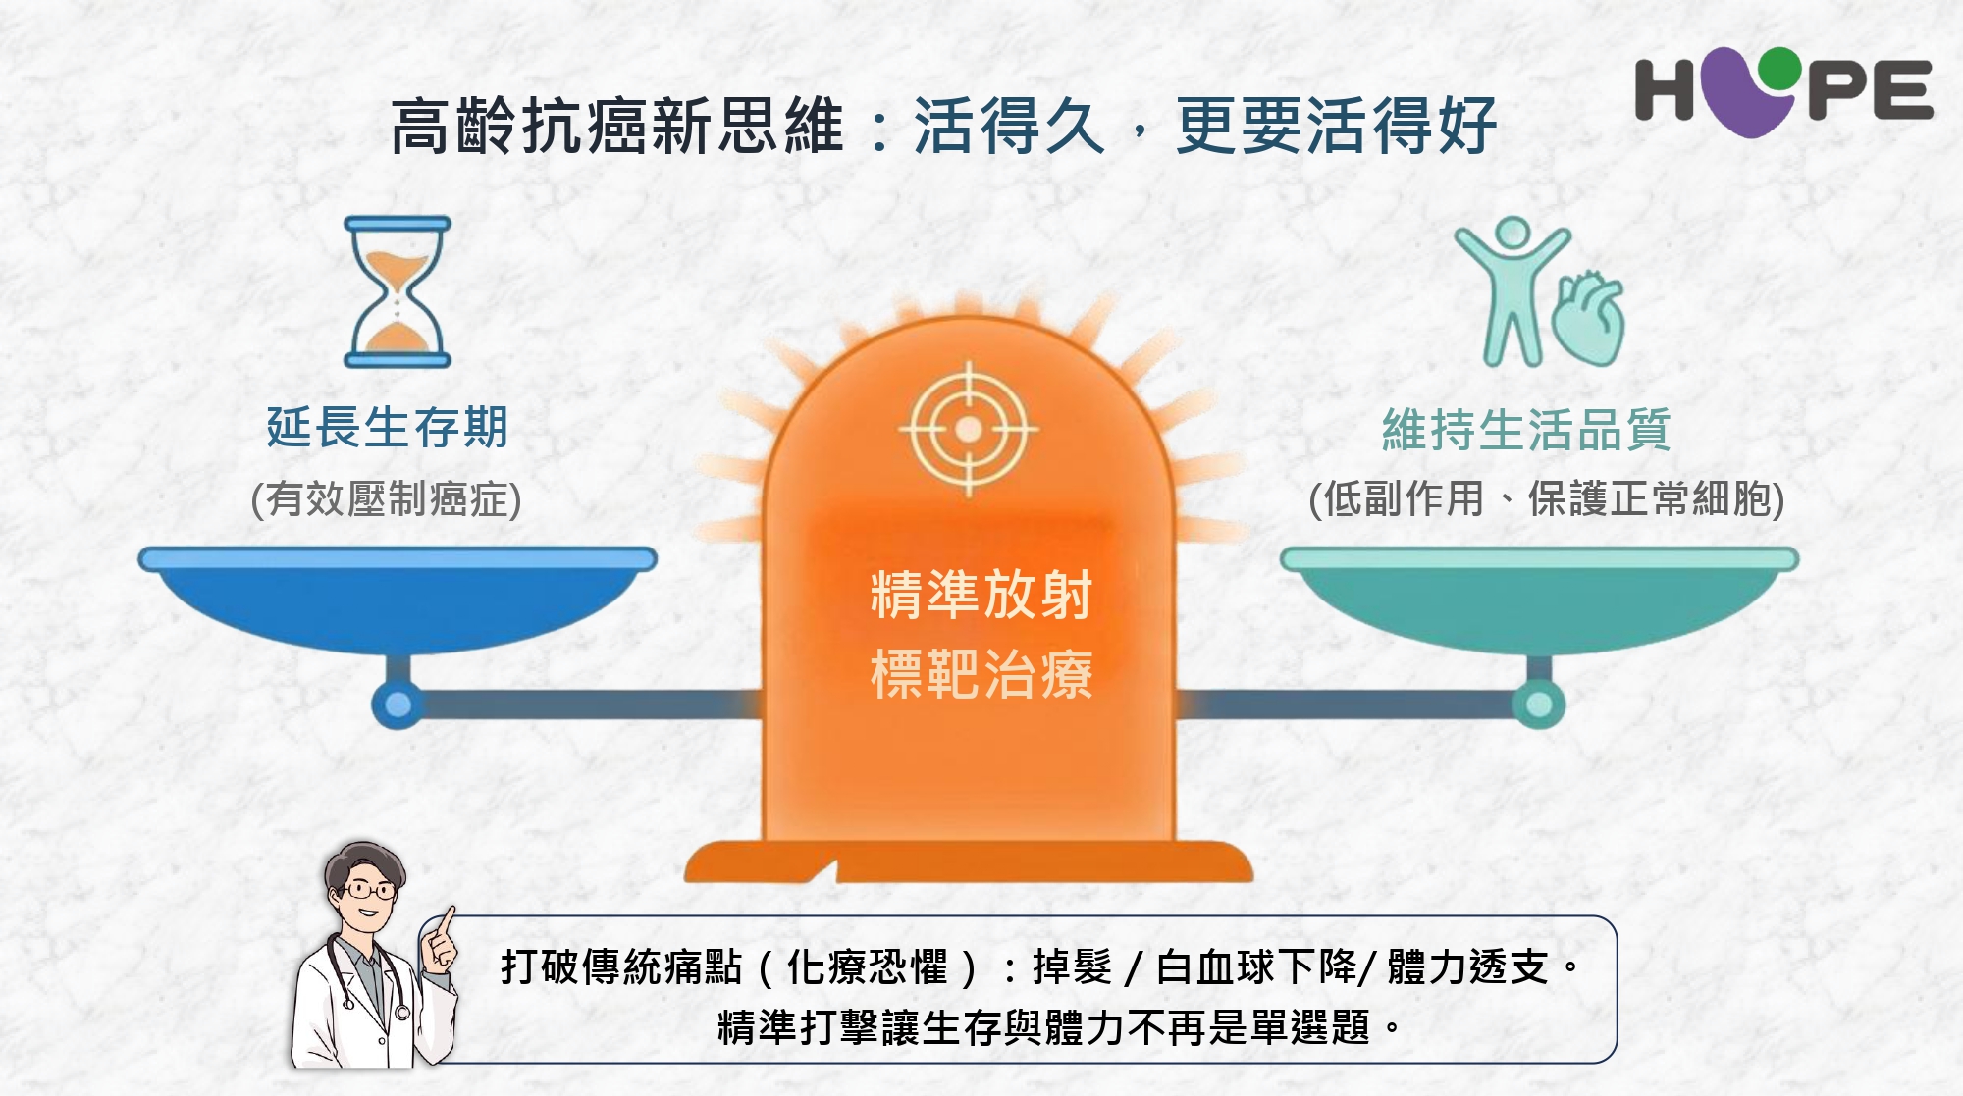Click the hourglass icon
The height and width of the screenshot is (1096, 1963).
click(398, 292)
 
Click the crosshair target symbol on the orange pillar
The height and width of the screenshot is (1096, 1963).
click(969, 429)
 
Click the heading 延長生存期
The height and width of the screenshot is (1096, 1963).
click(388, 428)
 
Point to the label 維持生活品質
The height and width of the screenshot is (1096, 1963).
click(1526, 430)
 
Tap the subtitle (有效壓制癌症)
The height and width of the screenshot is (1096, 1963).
click(386, 498)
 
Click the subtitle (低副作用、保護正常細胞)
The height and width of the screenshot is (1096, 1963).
click(1547, 498)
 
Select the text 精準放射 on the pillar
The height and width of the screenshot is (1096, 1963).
click(981, 595)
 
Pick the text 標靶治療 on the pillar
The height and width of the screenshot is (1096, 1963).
click(981, 674)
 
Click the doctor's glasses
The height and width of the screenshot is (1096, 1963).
click(369, 891)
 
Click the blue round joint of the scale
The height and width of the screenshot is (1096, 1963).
click(398, 704)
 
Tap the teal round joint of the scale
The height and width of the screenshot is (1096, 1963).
click(1539, 704)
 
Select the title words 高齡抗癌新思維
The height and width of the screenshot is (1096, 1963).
click(617, 126)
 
